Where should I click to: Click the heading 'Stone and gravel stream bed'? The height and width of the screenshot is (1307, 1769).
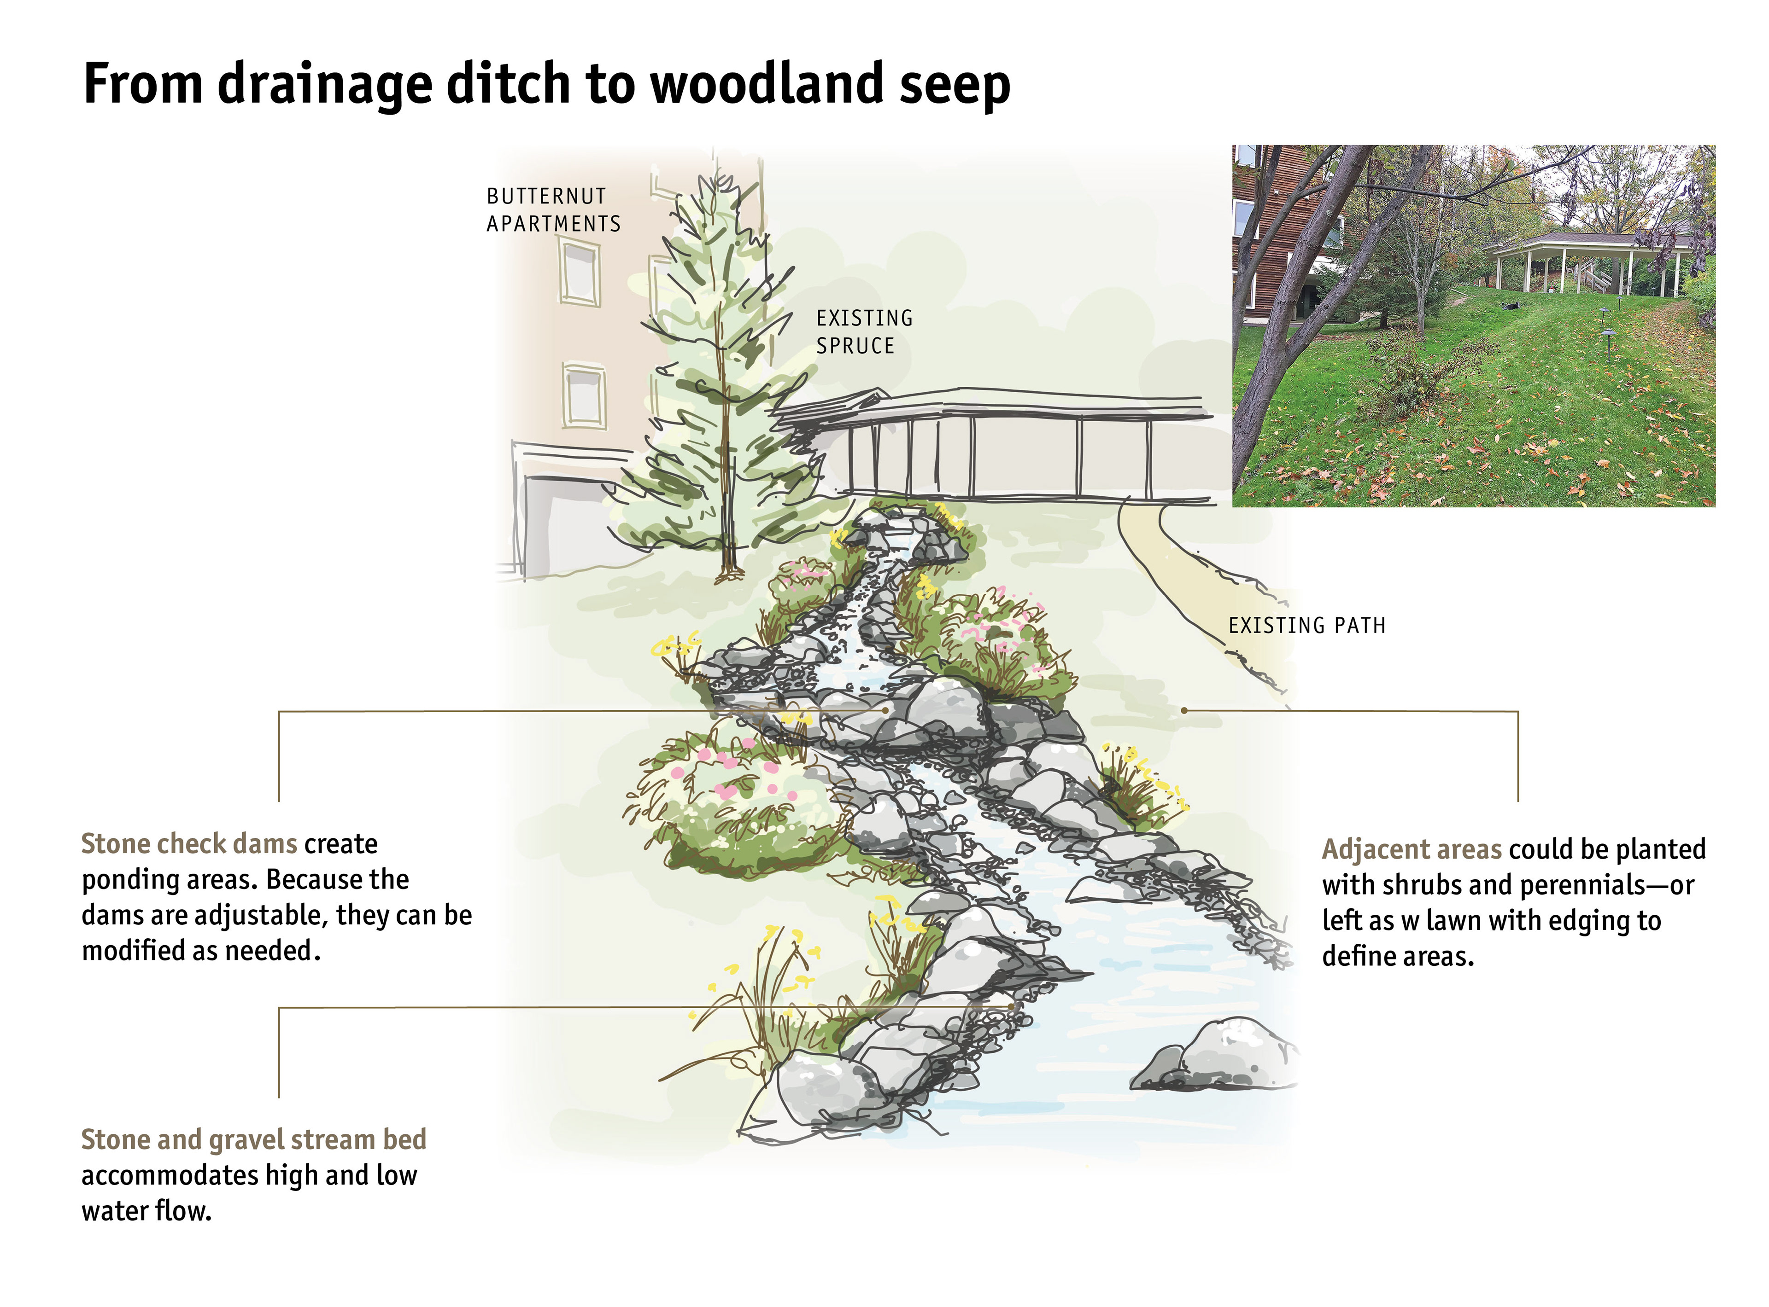tap(253, 1139)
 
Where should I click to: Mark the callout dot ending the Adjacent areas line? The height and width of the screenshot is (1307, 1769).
tap(1183, 710)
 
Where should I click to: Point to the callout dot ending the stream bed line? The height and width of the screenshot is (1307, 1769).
tap(1012, 1006)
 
